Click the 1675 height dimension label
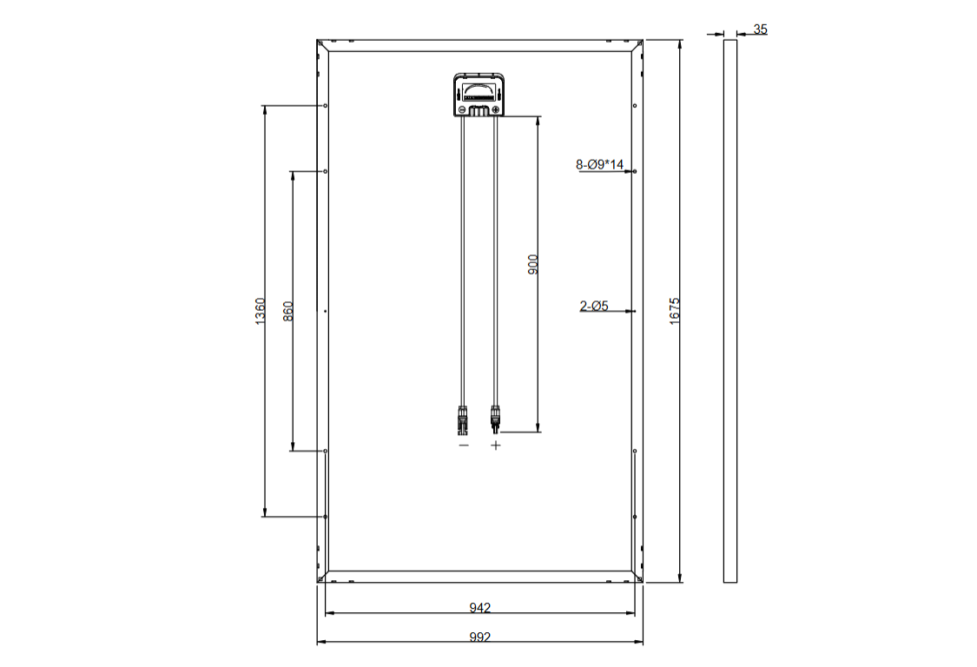pos(675,310)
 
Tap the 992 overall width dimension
pos(479,637)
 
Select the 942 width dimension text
pos(479,607)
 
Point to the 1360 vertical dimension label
pos(261,310)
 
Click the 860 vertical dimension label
pos(287,311)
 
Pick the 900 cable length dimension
pos(532,264)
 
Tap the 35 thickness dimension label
pos(760,30)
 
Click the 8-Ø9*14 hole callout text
pos(599,164)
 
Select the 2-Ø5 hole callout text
pos(594,306)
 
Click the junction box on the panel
pos(479,95)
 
